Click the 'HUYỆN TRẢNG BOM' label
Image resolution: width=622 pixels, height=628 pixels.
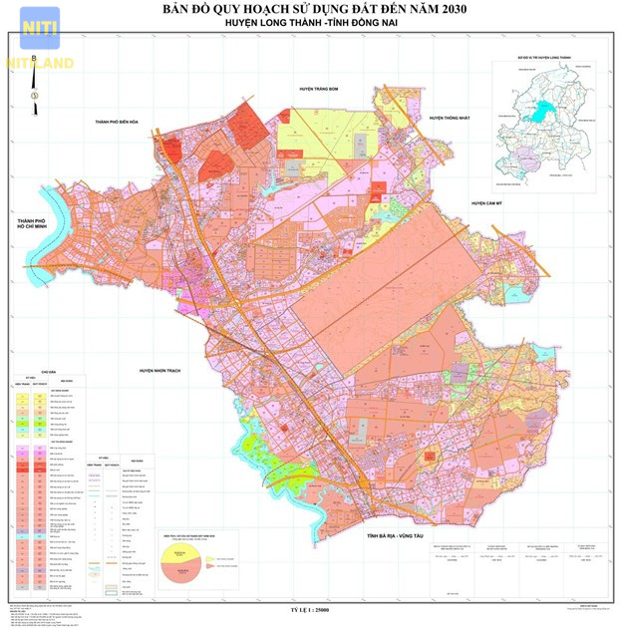pyautogui.click(x=320, y=89)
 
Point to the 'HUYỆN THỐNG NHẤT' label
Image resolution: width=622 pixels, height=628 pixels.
pyautogui.click(x=455, y=118)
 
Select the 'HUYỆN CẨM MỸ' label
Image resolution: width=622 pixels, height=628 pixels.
pyautogui.click(x=491, y=202)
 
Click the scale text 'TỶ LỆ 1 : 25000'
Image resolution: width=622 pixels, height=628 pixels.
pyautogui.click(x=315, y=607)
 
